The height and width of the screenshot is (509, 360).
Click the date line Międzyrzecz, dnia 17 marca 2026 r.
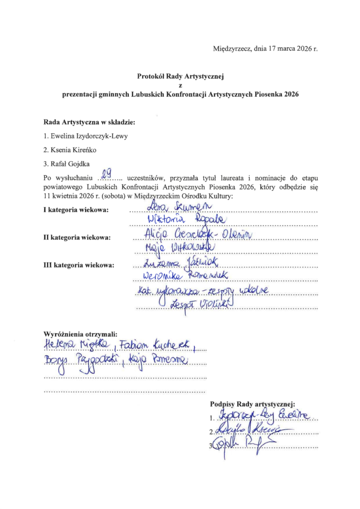point(265,49)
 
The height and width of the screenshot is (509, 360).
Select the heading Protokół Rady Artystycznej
point(181,77)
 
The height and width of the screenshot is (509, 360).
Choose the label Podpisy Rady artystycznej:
point(253,404)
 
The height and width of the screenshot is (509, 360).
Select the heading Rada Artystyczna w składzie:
point(90,122)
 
